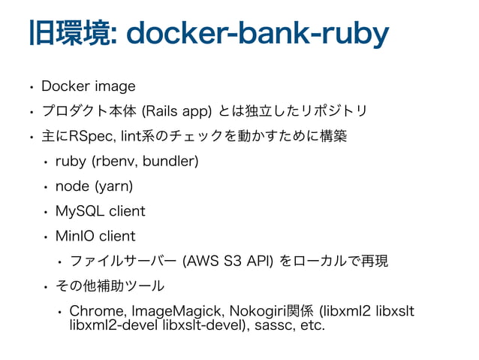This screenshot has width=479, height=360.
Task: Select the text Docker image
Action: tap(88, 86)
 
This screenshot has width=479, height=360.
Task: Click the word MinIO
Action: tap(76, 236)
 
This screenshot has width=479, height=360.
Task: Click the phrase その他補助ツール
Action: tap(110, 286)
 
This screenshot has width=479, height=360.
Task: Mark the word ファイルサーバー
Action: tap(121, 261)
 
